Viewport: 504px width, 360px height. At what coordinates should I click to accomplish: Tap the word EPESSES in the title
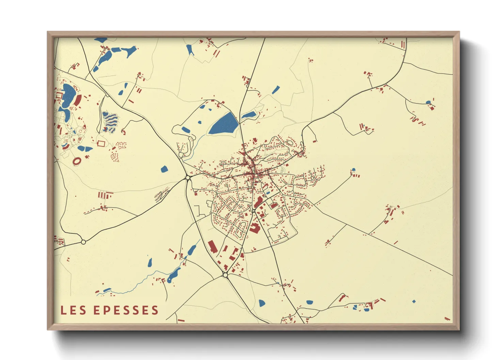[126, 310]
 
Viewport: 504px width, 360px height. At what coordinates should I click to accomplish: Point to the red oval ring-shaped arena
[77, 161]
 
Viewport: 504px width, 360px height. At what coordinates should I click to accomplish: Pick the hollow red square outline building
[101, 143]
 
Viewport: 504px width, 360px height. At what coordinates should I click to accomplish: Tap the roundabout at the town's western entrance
[188, 178]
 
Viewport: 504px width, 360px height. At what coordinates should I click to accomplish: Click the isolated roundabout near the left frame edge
[83, 242]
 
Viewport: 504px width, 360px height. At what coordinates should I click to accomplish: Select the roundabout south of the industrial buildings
[225, 275]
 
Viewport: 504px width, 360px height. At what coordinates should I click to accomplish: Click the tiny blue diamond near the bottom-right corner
[414, 301]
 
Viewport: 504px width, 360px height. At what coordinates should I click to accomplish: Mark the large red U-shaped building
[254, 228]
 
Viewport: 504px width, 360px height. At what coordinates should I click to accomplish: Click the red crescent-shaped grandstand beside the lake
[78, 100]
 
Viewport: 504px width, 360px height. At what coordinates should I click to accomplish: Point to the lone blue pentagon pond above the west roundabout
[164, 169]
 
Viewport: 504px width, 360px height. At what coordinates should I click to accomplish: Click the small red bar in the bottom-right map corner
[447, 319]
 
